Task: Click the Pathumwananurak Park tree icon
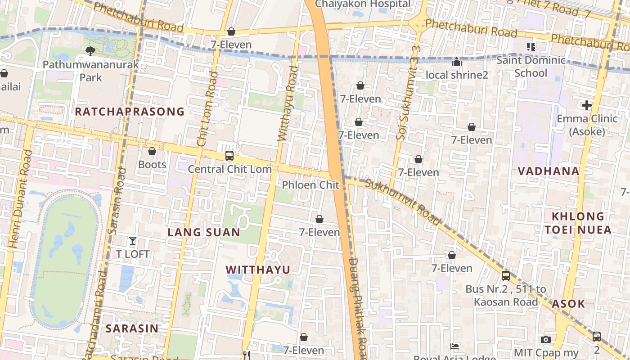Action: tap(90, 51)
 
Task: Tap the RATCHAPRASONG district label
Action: tap(130, 112)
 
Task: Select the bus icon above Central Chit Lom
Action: tap(229, 156)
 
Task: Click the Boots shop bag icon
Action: tap(152, 152)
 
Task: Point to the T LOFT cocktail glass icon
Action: tap(133, 241)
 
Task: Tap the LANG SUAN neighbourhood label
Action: tap(204, 232)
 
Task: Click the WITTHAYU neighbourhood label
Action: tap(258, 270)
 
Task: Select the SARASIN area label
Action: tap(132, 328)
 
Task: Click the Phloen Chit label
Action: tap(310, 185)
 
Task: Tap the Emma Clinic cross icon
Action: tap(587, 105)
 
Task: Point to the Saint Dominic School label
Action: tap(531, 66)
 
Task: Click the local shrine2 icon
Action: tap(457, 62)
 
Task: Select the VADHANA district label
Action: tap(549, 171)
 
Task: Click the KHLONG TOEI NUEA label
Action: tap(578, 223)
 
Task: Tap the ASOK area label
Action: tap(568, 304)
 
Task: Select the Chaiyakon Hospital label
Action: tap(363, 4)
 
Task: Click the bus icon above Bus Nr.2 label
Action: tap(506, 276)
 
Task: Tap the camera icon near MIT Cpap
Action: tap(546, 339)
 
